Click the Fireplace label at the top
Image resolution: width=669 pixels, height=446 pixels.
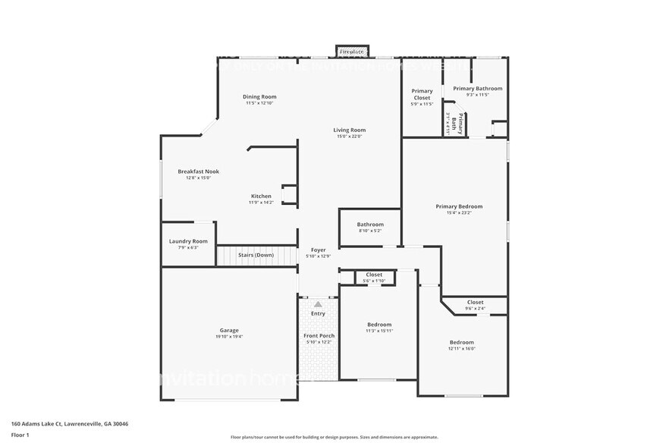353,52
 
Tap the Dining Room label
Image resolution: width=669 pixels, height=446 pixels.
259,96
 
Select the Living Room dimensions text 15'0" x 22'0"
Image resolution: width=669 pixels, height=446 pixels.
349,137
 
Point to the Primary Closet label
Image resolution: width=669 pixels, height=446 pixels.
422,94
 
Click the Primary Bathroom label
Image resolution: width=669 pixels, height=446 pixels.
477,89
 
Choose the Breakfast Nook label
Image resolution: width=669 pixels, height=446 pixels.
198,171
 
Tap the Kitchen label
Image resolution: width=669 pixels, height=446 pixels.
261,196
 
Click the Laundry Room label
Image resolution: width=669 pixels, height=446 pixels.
188,241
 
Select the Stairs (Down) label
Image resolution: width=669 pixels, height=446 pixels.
256,255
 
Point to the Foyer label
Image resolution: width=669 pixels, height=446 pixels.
318,250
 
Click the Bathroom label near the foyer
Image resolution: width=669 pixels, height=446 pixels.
370,225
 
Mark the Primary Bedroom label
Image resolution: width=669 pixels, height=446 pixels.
459,206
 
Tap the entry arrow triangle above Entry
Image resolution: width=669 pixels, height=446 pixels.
318,304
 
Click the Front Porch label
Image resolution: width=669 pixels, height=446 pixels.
319,335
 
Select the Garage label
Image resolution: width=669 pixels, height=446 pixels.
229,330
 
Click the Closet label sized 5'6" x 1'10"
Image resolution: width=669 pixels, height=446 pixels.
374,275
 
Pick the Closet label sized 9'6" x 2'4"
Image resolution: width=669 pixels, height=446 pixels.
475,302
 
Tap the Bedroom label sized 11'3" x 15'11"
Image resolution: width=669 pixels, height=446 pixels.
379,324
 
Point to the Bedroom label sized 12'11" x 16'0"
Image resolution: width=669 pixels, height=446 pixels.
461,342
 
